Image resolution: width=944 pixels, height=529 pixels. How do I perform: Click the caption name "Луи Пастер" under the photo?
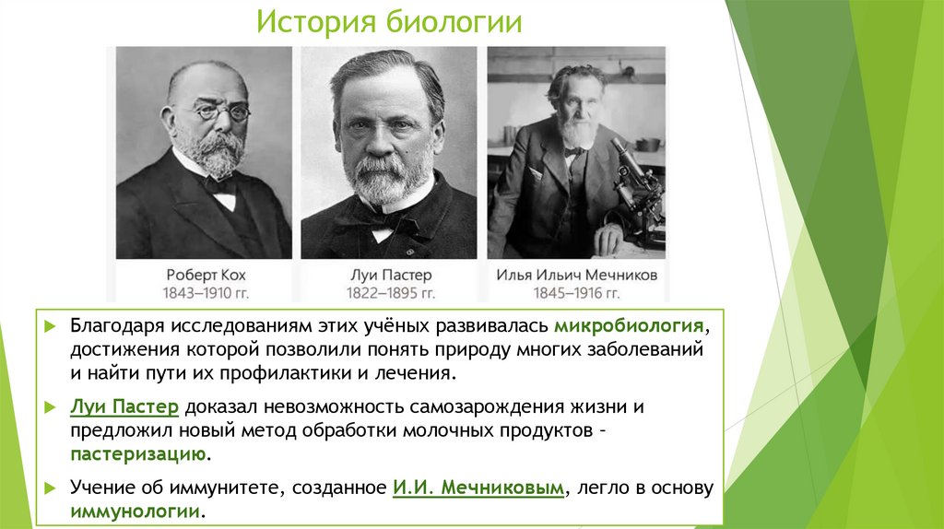coord(392,275)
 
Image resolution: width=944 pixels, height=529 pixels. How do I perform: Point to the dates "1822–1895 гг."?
coord(392,293)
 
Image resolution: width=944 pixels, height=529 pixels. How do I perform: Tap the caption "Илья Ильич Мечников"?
coord(576,275)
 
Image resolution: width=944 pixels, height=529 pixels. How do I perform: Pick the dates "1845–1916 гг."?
coord(576,293)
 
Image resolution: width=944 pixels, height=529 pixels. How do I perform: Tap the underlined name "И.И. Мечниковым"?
coord(477,489)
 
